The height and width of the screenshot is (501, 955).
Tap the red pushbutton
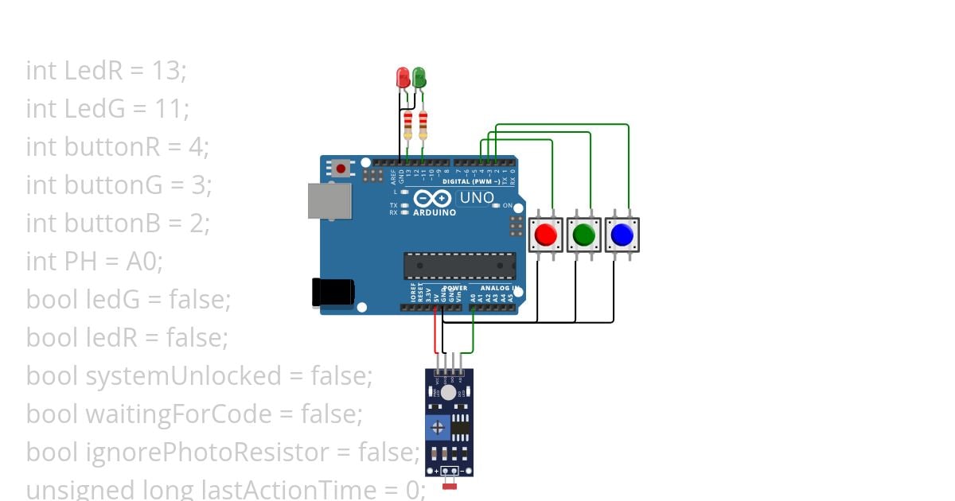546,235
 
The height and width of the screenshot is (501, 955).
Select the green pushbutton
584,235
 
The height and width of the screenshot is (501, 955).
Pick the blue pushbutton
622,235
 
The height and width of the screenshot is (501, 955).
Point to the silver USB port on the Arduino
328,201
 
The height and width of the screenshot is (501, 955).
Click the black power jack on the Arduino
333,292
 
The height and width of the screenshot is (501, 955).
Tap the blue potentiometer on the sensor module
437,429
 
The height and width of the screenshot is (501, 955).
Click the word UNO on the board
477,198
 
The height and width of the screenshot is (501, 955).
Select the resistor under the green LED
423,124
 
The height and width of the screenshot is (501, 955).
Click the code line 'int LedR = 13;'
106,71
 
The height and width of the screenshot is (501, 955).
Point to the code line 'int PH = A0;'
94,262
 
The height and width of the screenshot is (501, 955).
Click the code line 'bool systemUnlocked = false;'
199,375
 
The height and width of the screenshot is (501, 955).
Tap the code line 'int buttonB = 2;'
118,223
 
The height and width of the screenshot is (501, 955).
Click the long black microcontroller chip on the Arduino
459,266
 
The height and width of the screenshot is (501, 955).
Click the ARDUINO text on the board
435,213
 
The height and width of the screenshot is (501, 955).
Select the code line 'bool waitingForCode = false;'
194,414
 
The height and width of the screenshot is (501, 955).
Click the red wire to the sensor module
435,334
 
